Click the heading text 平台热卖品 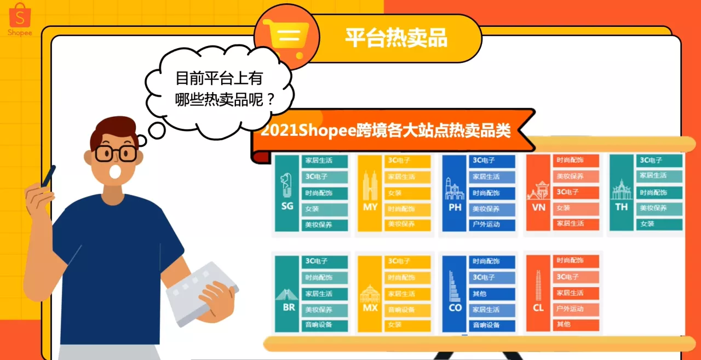tap(396, 37)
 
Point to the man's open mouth tap(116, 172)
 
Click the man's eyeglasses tap(116, 153)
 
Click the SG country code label tap(287, 207)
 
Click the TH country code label tap(621, 207)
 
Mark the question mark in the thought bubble tap(269, 100)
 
